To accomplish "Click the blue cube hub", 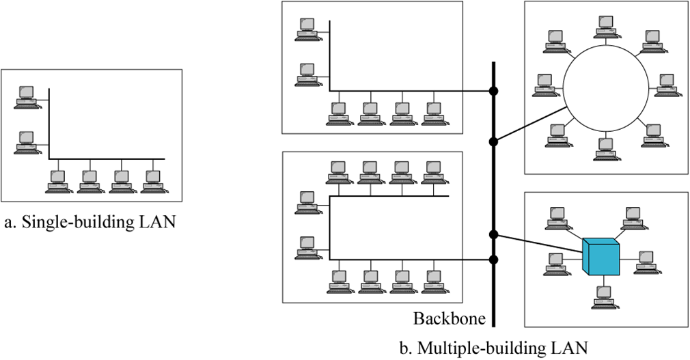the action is tap(601, 257).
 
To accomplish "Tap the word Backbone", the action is tap(449, 318).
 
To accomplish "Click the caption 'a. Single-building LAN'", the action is tap(89, 222).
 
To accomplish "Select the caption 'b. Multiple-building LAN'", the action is tap(493, 348).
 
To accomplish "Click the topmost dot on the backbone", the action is tap(494, 92).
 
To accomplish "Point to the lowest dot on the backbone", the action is tap(494, 260).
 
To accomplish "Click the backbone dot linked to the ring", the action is tap(494, 141).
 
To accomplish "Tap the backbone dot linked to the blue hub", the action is tap(494, 234).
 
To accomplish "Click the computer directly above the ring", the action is tap(607, 27).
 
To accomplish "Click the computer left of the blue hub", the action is tap(557, 264).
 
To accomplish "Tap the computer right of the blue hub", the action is tap(647, 263).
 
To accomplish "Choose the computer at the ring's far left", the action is tap(546, 85).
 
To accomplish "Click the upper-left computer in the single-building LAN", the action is tap(27, 97).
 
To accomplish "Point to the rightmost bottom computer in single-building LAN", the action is tap(154, 182).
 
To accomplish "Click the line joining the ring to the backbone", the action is tap(529, 124).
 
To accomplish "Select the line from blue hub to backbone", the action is tap(538, 243).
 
